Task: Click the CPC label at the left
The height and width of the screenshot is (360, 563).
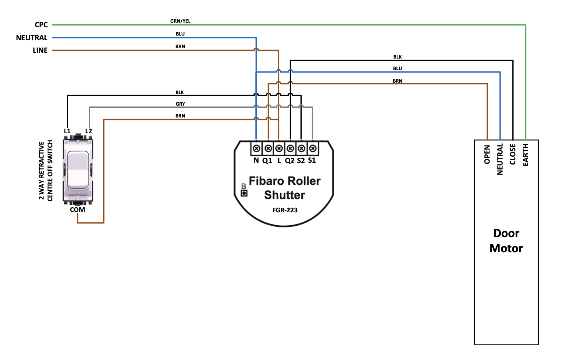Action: pos(41,25)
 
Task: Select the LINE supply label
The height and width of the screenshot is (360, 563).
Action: pos(40,50)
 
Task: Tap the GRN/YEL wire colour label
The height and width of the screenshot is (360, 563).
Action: pos(180,21)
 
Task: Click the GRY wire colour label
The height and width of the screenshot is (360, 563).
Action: pos(180,104)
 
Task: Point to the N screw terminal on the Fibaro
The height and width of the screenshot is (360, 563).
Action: pos(256,148)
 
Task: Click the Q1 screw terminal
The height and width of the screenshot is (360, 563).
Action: pos(268,148)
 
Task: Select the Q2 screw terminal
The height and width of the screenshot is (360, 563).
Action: pos(290,148)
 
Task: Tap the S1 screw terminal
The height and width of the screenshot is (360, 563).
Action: pos(313,148)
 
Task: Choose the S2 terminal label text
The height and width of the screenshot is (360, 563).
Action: pos(301,161)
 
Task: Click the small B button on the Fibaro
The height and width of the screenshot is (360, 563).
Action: pos(244,193)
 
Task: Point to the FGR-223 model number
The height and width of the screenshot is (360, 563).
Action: pos(285,210)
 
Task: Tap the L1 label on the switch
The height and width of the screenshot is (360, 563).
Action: pos(67,131)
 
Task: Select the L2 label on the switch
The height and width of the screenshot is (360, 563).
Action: pos(89,131)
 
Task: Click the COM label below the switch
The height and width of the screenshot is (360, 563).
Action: pos(78,210)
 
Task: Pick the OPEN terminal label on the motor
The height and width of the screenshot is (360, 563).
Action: pos(487,154)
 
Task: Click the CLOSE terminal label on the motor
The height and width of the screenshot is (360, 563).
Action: pos(513,154)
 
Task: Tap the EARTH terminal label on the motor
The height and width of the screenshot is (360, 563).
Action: pos(526,155)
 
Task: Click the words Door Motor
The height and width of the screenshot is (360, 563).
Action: pos(506,241)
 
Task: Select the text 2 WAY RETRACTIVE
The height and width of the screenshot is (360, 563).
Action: pos(42,171)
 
